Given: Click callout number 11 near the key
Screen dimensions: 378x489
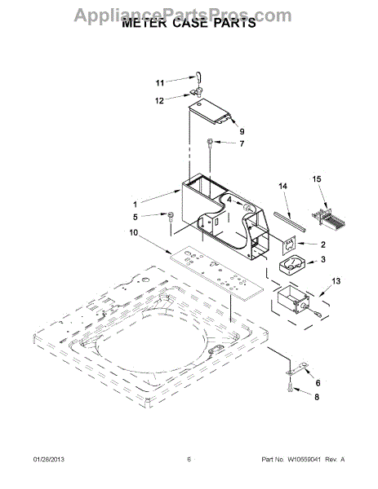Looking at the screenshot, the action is [x=160, y=83].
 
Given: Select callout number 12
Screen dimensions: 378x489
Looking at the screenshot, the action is [x=159, y=101].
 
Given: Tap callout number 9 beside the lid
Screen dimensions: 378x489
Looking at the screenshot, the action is [x=242, y=131].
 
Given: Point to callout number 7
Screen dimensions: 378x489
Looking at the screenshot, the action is [x=242, y=143].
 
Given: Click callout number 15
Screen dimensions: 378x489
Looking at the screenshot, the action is [x=317, y=179].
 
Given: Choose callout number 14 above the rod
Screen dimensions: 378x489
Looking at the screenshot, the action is [x=282, y=186].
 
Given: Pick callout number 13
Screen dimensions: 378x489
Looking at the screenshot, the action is [x=336, y=281].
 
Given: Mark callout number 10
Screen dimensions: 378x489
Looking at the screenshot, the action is [x=134, y=232].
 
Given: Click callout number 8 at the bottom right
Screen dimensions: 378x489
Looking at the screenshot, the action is [x=317, y=397].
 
